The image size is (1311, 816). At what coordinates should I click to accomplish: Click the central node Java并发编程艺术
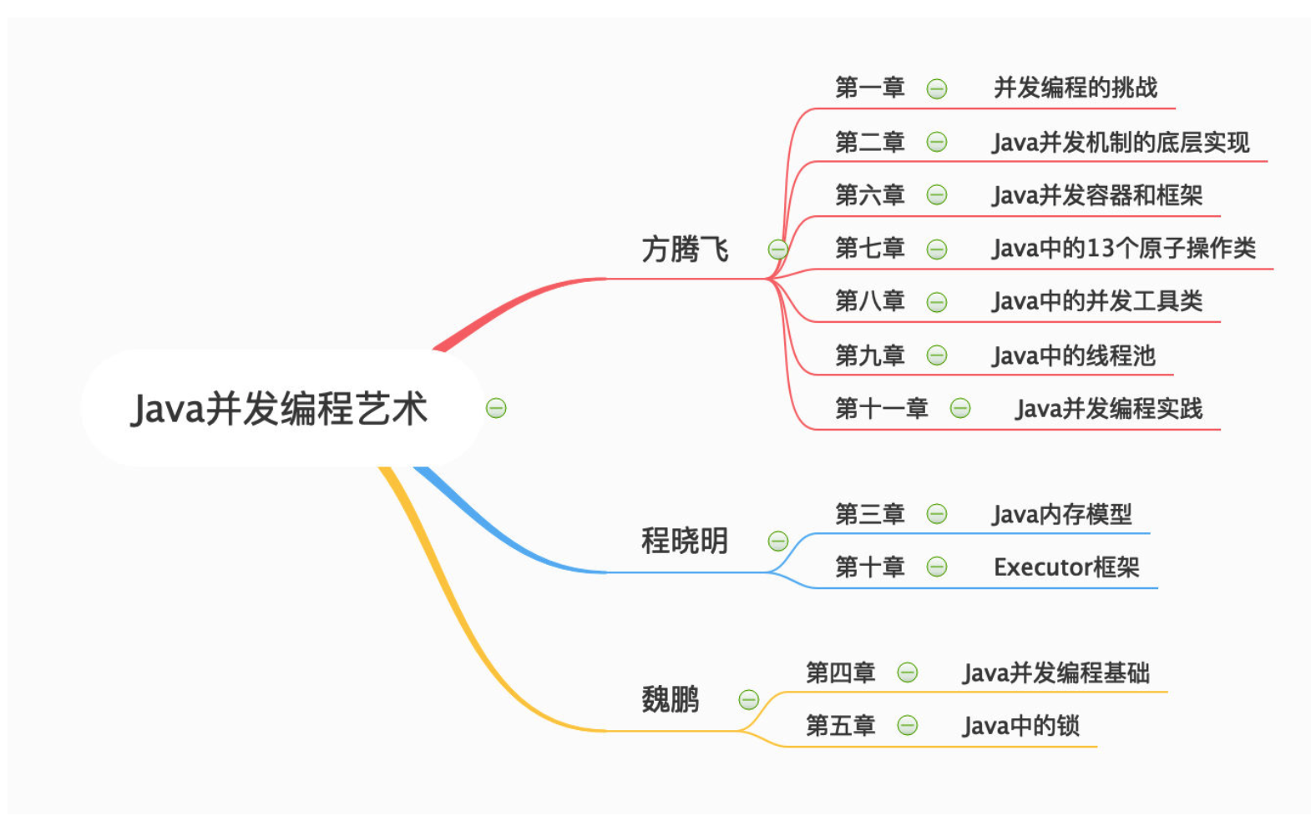pyautogui.click(x=279, y=408)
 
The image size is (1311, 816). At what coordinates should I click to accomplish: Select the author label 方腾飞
pyautogui.click(x=685, y=249)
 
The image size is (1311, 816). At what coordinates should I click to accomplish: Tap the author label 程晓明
pyautogui.click(x=685, y=541)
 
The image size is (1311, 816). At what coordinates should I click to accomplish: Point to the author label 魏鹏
pyautogui.click(x=671, y=699)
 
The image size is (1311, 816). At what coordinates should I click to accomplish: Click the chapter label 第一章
pyautogui.click(x=870, y=88)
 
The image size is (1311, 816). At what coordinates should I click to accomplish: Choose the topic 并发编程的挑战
pyautogui.click(x=1076, y=88)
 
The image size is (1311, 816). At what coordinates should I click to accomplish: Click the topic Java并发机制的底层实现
pyautogui.click(x=1121, y=142)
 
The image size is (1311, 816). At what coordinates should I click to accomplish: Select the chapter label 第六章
pyautogui.click(x=870, y=194)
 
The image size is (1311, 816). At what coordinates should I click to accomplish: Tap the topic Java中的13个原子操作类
pyautogui.click(x=1124, y=248)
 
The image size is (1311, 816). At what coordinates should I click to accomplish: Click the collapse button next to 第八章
pyautogui.click(x=936, y=302)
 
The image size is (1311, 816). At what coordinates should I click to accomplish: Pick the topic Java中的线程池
pyautogui.click(x=1073, y=355)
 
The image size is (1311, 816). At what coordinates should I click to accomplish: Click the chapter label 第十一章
pyautogui.click(x=882, y=408)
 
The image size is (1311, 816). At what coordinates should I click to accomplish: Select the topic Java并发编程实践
pyautogui.click(x=1108, y=409)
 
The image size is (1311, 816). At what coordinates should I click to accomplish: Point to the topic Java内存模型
pyautogui.click(x=1061, y=514)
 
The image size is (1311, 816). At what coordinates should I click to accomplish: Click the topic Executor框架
pyautogui.click(x=1066, y=567)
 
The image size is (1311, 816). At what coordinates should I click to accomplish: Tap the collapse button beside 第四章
pyautogui.click(x=907, y=672)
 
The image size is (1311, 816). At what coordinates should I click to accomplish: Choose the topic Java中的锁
pyautogui.click(x=1020, y=726)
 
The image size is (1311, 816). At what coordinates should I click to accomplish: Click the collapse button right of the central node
pyautogui.click(x=496, y=408)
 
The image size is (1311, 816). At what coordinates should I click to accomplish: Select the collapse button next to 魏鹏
pyautogui.click(x=748, y=699)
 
